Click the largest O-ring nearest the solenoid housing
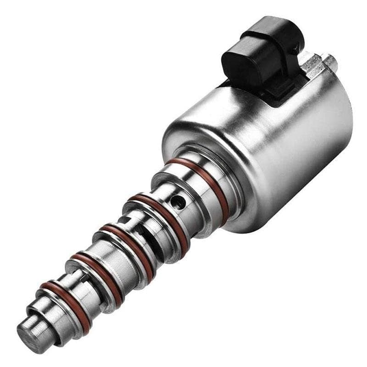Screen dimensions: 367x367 click(202, 179)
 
